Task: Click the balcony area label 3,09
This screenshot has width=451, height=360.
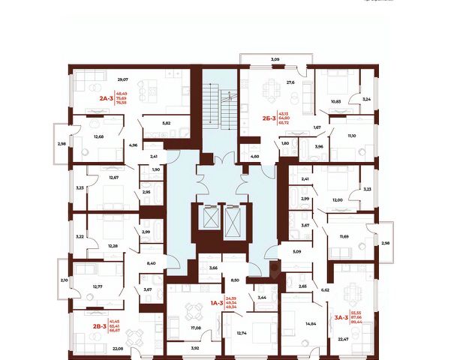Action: coord(275,58)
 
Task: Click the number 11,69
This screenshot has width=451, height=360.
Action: coord(345,236)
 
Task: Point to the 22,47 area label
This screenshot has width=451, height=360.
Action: coord(344,339)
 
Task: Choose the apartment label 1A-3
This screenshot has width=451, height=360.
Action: coord(214,302)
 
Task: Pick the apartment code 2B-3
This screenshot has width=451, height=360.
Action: coord(77,326)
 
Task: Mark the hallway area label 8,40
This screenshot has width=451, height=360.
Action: coord(152,264)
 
